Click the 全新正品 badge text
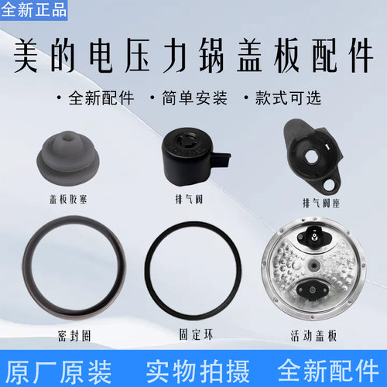tap(34, 10)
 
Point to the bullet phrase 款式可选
tap(286, 99)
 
